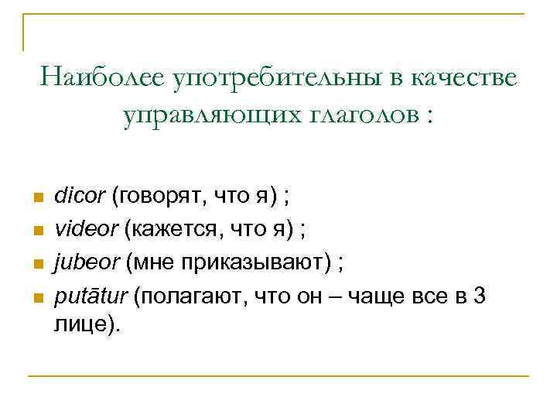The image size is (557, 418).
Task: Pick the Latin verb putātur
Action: [91, 295]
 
